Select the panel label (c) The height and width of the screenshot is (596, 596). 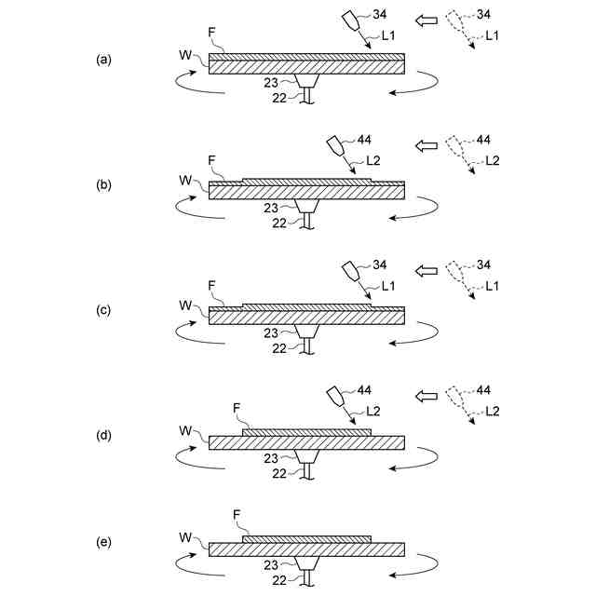pos(104,310)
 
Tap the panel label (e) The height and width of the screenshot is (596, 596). pos(104,562)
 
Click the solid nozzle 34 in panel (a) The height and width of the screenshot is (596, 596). pos(351,20)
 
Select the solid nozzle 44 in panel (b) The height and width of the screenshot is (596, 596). pos(335,147)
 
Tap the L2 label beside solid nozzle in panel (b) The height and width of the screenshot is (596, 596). pos(372,160)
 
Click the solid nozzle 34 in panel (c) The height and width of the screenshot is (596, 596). pos(351,271)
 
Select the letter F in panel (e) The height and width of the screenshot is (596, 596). pos(237,514)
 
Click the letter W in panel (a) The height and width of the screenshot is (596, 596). pos(184,55)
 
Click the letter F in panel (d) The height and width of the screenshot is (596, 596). pos(237,407)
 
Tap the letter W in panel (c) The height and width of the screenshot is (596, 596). pos(184,305)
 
